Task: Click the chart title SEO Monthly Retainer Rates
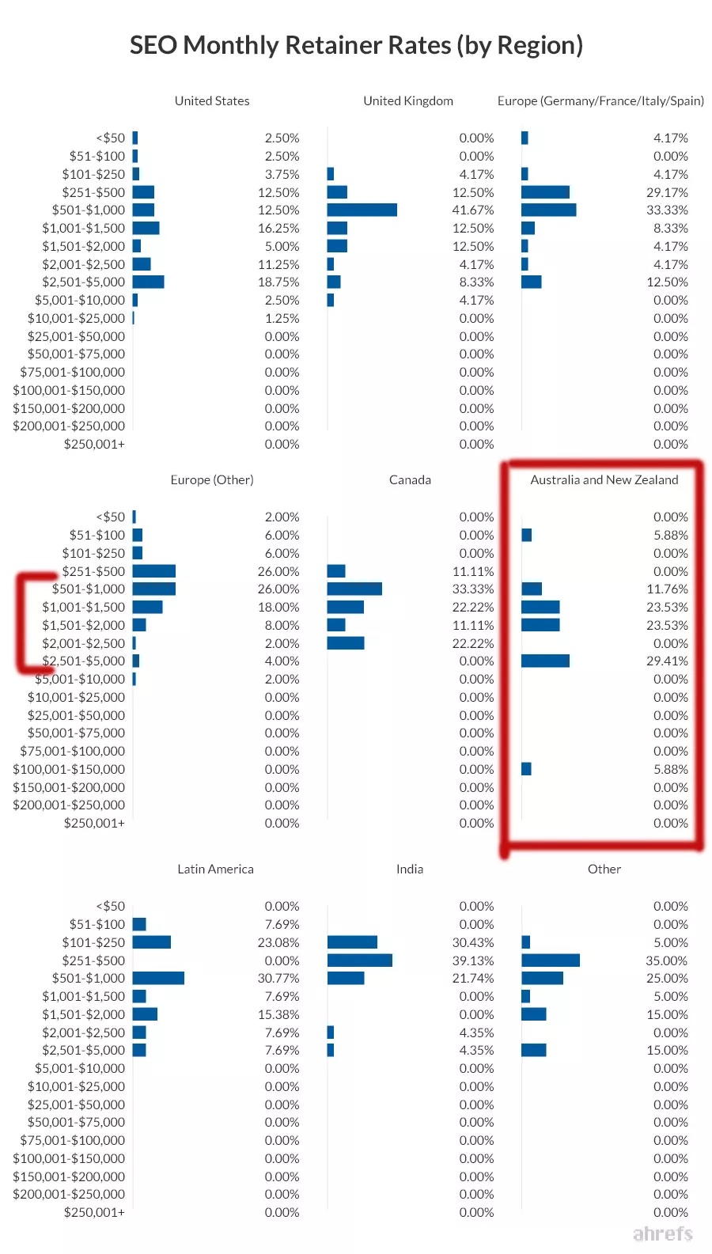click(356, 45)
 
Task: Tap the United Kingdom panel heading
click(408, 100)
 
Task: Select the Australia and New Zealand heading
click(604, 479)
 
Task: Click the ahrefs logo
click(663, 1233)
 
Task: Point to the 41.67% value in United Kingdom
click(475, 210)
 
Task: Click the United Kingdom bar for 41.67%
click(362, 210)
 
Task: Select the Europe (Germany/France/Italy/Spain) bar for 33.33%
click(548, 210)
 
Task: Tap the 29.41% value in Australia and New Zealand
click(667, 661)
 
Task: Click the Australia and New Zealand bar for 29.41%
click(545, 661)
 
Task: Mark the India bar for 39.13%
click(359, 960)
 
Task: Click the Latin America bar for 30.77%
click(158, 978)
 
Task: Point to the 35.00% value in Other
click(666, 960)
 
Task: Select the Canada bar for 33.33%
click(354, 589)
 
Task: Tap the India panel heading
click(410, 869)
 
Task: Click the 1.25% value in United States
click(282, 318)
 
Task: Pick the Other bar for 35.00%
click(551, 960)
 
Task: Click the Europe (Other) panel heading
click(212, 479)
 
